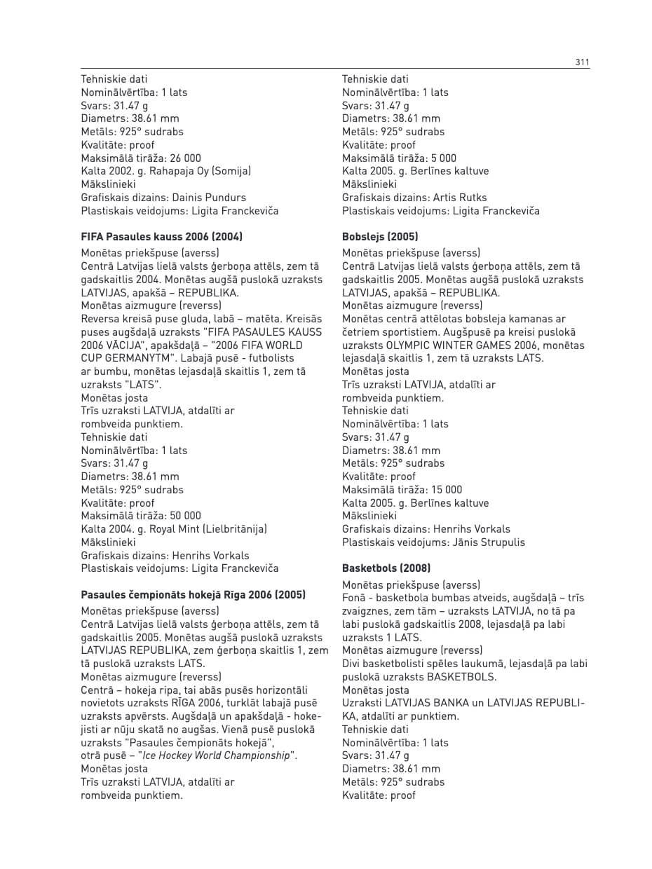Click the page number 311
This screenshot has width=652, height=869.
click(x=582, y=62)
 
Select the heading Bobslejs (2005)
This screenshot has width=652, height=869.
click(x=380, y=237)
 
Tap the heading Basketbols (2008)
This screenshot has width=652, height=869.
click(x=386, y=568)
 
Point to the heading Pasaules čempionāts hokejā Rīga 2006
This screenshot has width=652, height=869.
click(x=193, y=595)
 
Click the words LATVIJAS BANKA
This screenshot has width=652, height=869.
click(x=435, y=703)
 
